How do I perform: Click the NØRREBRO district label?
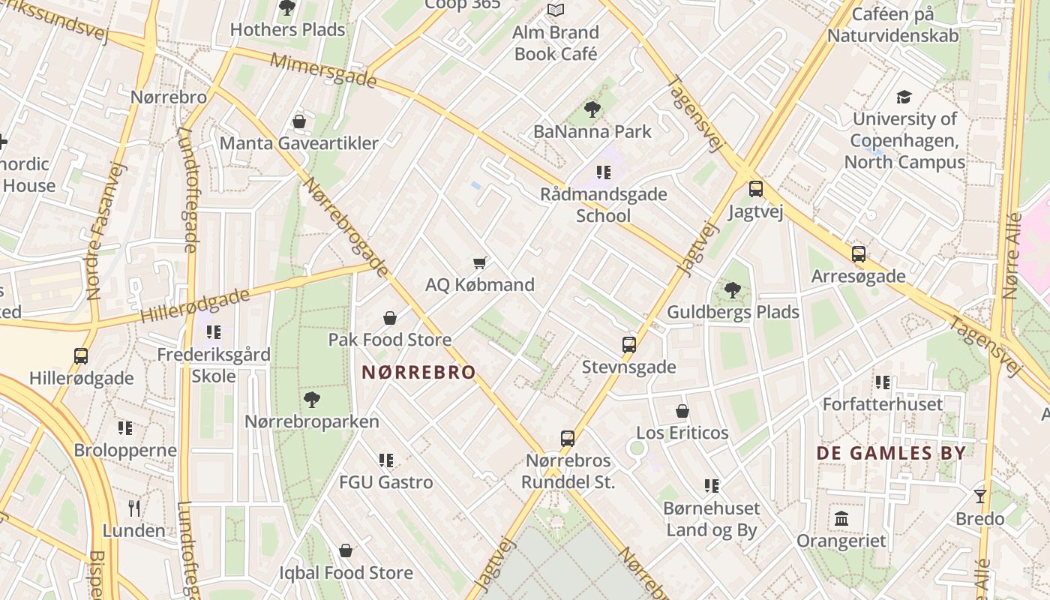[418, 372]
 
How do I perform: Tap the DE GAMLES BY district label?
[891, 453]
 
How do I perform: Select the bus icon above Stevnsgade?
[629, 345]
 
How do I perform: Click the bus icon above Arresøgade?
[859, 254]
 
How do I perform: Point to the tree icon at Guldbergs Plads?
[732, 289]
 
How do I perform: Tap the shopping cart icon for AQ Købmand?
[480, 262]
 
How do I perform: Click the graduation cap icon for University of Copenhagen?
[904, 97]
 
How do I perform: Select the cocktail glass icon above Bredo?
[979, 496]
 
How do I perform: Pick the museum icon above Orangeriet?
[841, 518]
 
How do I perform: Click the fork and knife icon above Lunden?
[134, 508]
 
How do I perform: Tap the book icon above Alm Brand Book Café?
[555, 10]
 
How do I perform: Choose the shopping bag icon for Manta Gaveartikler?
[299, 121]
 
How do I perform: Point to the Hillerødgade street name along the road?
[195, 306]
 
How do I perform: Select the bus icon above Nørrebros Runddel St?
[568, 438]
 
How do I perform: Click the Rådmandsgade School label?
[604, 205]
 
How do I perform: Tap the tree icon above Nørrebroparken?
[312, 400]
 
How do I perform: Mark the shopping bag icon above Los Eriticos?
[682, 411]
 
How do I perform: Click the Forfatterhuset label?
[883, 404]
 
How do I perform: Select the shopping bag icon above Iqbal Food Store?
[346, 551]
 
